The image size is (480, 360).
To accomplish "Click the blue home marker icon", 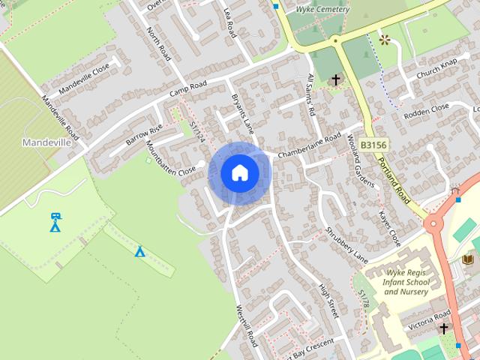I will click(x=239, y=173).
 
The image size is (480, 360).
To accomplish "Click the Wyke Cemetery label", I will click(x=322, y=10).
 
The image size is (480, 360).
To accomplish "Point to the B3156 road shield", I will click(x=373, y=142).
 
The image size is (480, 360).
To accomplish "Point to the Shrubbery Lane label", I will click(x=348, y=240).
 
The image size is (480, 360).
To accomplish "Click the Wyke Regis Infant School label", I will click(x=408, y=283).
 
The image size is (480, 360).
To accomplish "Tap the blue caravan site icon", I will click(x=55, y=222).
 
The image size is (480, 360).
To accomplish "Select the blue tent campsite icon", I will click(x=139, y=251).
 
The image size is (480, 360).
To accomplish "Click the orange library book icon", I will click(x=469, y=259).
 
